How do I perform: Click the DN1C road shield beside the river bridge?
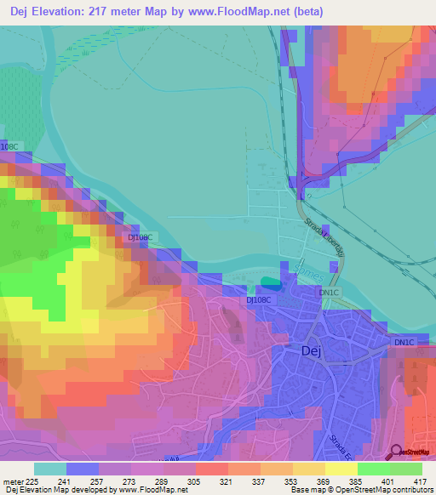[329, 293]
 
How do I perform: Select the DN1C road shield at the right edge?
[403, 342]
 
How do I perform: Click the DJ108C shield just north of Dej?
[259, 300]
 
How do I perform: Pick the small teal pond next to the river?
[270, 282]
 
